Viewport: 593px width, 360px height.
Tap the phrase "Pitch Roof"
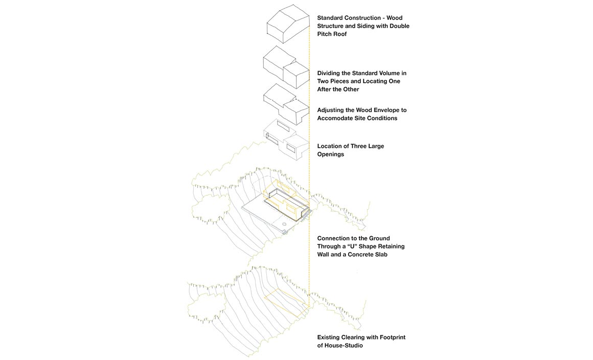(332, 34)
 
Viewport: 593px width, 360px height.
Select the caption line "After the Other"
(338, 89)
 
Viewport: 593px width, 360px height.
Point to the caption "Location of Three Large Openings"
(351, 150)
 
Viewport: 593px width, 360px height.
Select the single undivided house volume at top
(288, 24)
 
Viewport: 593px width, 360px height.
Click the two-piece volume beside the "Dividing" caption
(286, 67)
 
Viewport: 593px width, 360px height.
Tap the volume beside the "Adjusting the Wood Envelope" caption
(286, 104)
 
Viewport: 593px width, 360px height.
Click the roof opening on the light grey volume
(283, 126)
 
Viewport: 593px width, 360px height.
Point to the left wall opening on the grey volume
(271, 139)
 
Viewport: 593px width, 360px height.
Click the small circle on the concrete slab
(284, 224)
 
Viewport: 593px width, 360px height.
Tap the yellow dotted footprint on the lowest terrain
(287, 303)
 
